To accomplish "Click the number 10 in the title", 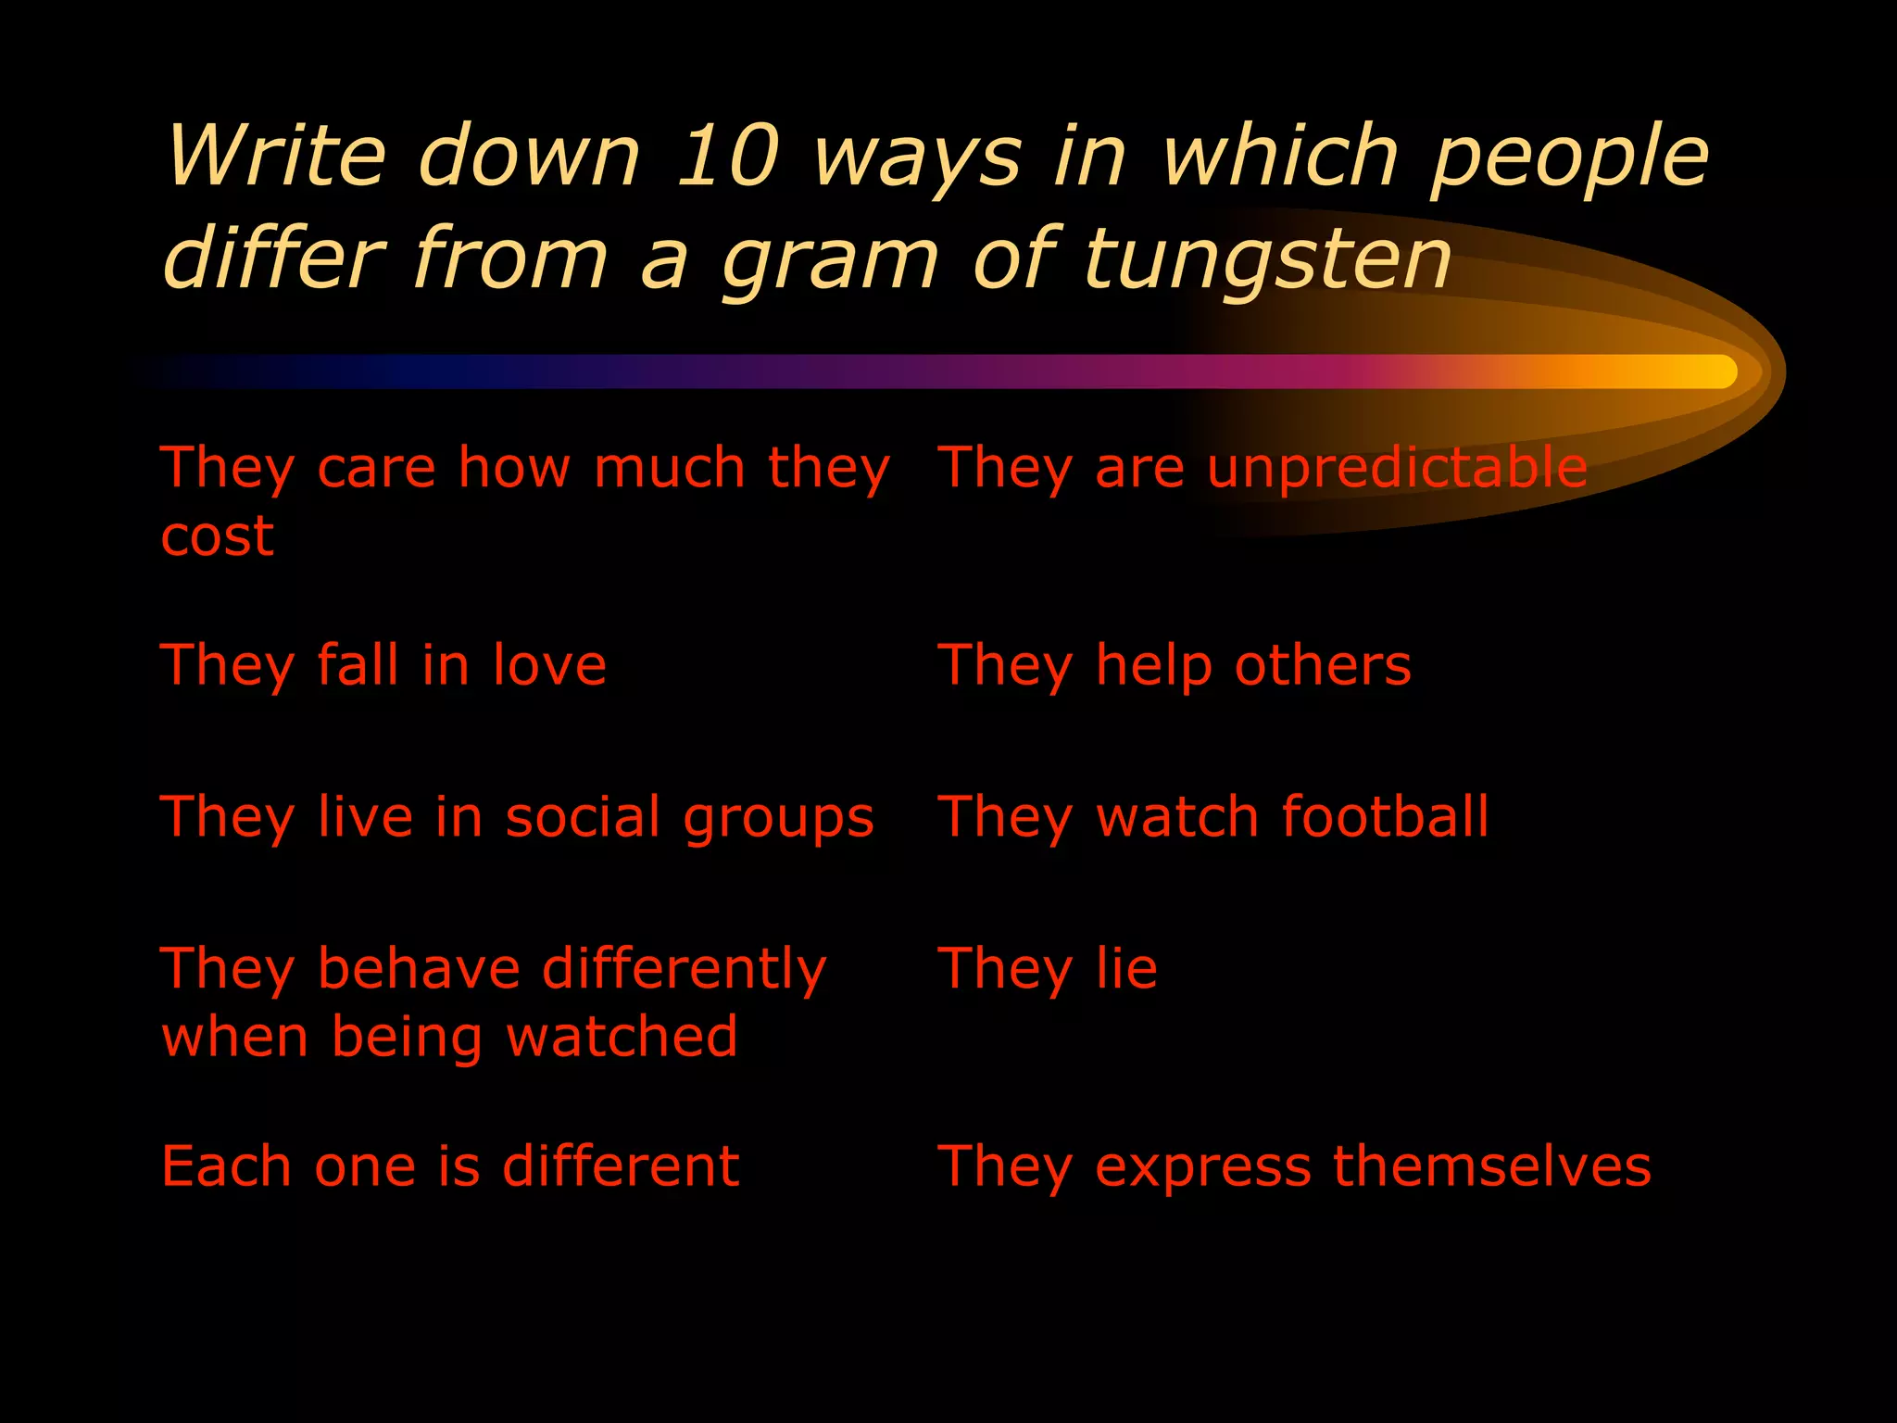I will point(727,156).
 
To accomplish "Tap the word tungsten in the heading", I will point(1267,258).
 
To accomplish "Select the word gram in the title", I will point(830,261).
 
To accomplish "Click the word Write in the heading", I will point(276,156).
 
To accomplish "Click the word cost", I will point(218,535).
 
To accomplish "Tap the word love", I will point(549,665).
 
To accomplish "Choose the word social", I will point(583,817).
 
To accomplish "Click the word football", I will point(1385,817).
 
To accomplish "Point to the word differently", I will point(684,970).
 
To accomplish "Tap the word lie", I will point(1126,969).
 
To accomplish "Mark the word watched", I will point(622,1037).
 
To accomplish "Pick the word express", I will point(1203,1167).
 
